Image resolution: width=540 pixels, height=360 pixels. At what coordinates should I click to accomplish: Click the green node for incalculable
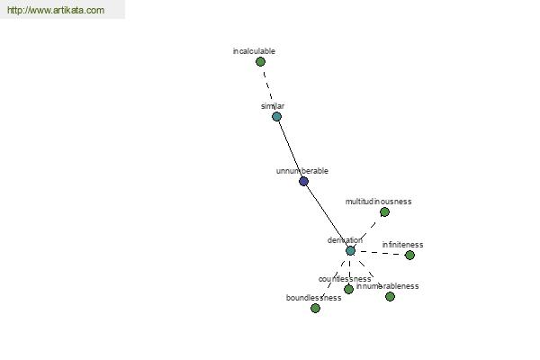(260, 62)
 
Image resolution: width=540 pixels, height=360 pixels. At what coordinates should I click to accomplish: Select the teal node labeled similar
(276, 116)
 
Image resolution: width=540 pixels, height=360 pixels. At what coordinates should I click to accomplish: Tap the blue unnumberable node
(303, 181)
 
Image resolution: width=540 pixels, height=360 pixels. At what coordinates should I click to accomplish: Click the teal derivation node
(350, 250)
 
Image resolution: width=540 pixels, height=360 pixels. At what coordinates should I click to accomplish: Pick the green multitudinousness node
(384, 212)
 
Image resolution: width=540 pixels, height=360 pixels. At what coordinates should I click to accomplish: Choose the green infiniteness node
(409, 255)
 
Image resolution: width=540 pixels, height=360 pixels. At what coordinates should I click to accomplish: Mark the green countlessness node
(348, 289)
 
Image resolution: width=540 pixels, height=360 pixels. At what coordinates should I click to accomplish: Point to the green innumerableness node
(390, 296)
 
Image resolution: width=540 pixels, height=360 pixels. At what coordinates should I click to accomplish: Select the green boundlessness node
(315, 308)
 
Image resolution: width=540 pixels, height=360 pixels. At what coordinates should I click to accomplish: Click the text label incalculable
(254, 51)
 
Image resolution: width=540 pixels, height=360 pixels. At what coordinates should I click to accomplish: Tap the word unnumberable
(302, 171)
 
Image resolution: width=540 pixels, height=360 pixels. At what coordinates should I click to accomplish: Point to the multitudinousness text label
(378, 202)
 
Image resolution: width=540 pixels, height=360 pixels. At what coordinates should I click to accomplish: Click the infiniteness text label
(402, 245)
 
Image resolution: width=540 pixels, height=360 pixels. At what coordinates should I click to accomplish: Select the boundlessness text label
(313, 297)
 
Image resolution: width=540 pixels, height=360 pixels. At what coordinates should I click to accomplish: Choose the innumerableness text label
(387, 286)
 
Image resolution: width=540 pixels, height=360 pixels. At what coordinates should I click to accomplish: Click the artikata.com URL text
(56, 11)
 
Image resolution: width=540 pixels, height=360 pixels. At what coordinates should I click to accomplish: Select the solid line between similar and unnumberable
(290, 148)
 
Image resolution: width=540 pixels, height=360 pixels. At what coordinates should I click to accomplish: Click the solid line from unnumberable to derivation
(327, 216)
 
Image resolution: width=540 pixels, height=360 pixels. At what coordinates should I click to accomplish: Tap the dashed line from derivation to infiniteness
(380, 253)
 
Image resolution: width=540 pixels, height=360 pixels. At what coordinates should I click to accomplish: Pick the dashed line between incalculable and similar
(268, 89)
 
